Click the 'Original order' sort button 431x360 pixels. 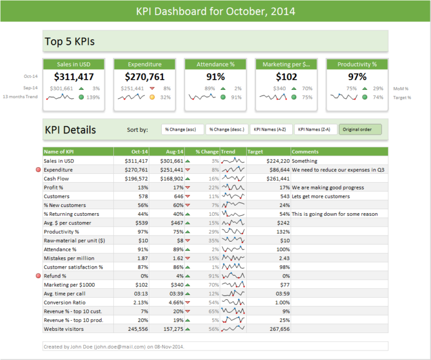[360, 130]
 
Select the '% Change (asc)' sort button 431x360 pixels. [183, 130]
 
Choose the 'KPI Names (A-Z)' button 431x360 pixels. [271, 130]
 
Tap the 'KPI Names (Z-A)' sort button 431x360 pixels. [315, 130]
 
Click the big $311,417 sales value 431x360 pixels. [74, 77]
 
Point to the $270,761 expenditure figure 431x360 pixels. [145, 77]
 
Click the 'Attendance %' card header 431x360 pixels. [215, 64]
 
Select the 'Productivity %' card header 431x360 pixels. [357, 64]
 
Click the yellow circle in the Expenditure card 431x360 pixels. [152, 98]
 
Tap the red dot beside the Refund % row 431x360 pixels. [38, 276]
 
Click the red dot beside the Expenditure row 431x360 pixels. [38, 169]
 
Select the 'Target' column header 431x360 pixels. [268, 151]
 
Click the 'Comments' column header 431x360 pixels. [339, 151]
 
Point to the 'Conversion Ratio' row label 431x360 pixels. [64, 303]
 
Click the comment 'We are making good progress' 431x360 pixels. [328, 187]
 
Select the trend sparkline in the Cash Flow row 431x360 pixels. [233, 178]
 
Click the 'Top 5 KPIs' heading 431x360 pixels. [70, 41]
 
